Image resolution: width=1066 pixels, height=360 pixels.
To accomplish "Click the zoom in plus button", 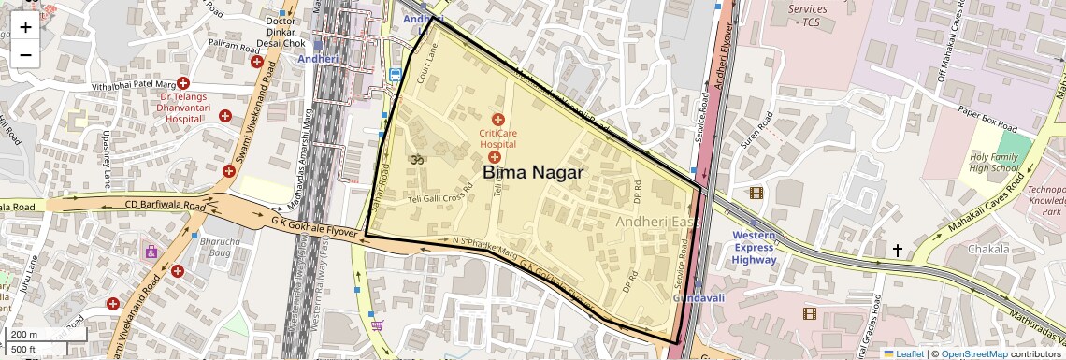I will (x=25, y=26).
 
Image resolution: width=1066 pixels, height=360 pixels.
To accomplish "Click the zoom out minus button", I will (x=25, y=54).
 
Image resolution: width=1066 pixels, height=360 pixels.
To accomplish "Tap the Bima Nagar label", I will (x=533, y=173).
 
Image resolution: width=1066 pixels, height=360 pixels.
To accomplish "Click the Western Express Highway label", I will (x=754, y=246).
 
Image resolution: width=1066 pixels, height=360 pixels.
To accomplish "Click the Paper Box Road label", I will (x=979, y=118).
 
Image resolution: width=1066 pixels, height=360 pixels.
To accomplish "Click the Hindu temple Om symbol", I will (x=418, y=160).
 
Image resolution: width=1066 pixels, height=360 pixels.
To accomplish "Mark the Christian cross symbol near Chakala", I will (x=898, y=251).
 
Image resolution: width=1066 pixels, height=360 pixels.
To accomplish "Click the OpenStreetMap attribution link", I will (x=973, y=354).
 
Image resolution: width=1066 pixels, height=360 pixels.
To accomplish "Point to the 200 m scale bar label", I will (x=24, y=335).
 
